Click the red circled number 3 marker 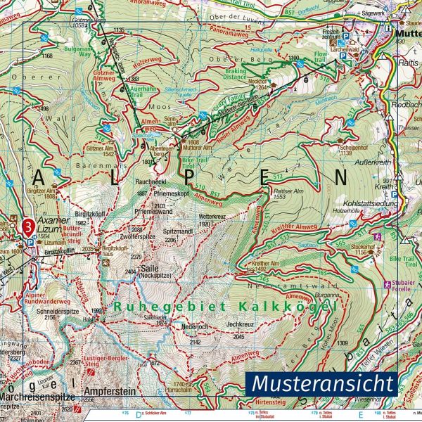pos(27,226)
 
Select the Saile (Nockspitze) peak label pos(151,271)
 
